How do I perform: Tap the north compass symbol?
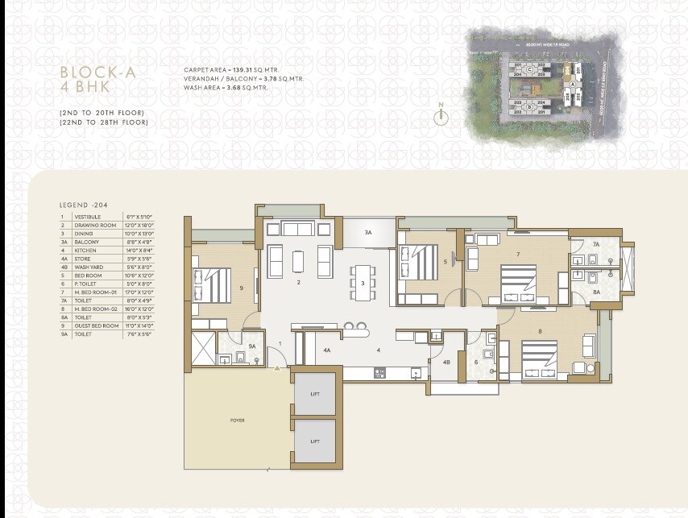pyautogui.click(x=441, y=114)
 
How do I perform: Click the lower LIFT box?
pyautogui.click(x=315, y=441)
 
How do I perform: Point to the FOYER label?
pyautogui.click(x=237, y=420)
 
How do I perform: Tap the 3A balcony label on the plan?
pyautogui.click(x=367, y=232)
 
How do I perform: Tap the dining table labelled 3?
pyautogui.click(x=363, y=284)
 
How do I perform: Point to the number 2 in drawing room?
pyautogui.click(x=298, y=284)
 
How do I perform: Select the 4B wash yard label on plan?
pyautogui.click(x=446, y=362)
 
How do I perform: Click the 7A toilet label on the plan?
pyautogui.click(x=596, y=243)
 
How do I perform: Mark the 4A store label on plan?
pyautogui.click(x=327, y=350)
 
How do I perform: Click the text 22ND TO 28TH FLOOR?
pyautogui.click(x=104, y=122)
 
